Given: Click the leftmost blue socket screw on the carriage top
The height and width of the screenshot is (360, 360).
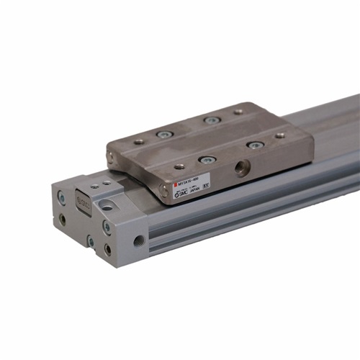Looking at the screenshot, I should (x=165, y=134).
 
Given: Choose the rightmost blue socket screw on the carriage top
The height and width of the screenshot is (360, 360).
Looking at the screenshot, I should (x=255, y=145).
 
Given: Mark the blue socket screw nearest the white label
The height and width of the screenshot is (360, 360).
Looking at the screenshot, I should (x=207, y=159).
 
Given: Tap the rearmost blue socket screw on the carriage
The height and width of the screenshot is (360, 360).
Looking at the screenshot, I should (x=210, y=120).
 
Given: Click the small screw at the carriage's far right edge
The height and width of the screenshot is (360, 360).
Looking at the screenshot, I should (x=280, y=135).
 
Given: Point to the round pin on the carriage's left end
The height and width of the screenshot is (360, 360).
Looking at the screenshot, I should (x=110, y=155).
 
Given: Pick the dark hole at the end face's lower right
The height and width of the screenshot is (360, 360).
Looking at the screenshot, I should (x=107, y=249).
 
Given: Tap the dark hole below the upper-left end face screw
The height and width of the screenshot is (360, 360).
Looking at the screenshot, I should (x=63, y=219).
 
